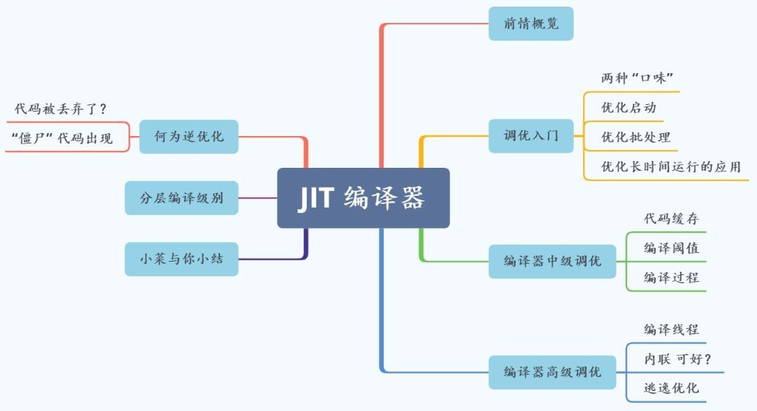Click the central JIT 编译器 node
pyautogui.click(x=363, y=198)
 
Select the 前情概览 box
pyautogui.click(x=531, y=24)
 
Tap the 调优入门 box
pyautogui.click(x=531, y=136)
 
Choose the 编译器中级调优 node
pyautogui.click(x=552, y=261)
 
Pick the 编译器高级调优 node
pyautogui.click(x=552, y=372)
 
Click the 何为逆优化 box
pyautogui.click(x=189, y=137)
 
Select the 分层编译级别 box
pyautogui.click(x=181, y=198)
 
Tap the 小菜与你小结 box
pyautogui.click(x=181, y=259)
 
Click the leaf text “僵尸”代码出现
pyautogui.click(x=63, y=138)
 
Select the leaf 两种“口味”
pyautogui.click(x=637, y=78)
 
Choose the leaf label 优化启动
pyautogui.click(x=628, y=108)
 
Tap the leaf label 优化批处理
pyautogui.click(x=636, y=137)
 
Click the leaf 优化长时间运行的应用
pyautogui.click(x=671, y=166)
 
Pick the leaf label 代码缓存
pyautogui.click(x=671, y=219)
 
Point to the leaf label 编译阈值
pyautogui.click(x=671, y=248)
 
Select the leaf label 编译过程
pyautogui.click(x=671, y=278)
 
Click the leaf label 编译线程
pyautogui.click(x=671, y=330)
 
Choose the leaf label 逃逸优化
pyautogui.click(x=671, y=388)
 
